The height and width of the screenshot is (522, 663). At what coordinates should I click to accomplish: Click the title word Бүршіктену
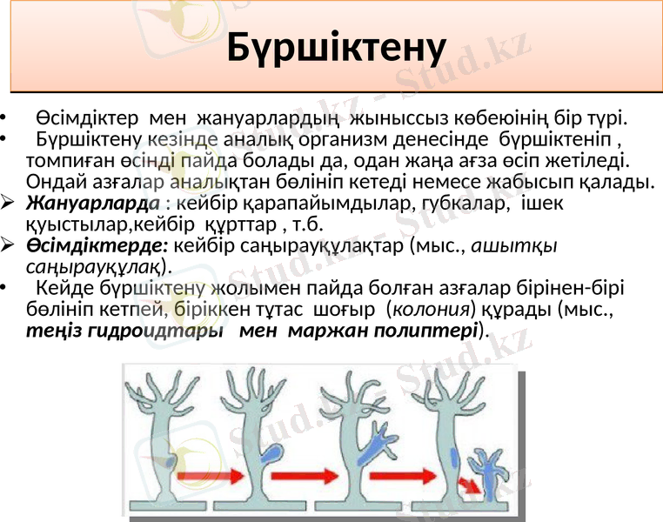(336, 48)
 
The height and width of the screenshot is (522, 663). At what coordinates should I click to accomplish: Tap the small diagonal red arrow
(468, 484)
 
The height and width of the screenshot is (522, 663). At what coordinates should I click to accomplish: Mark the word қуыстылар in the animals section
(74, 224)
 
